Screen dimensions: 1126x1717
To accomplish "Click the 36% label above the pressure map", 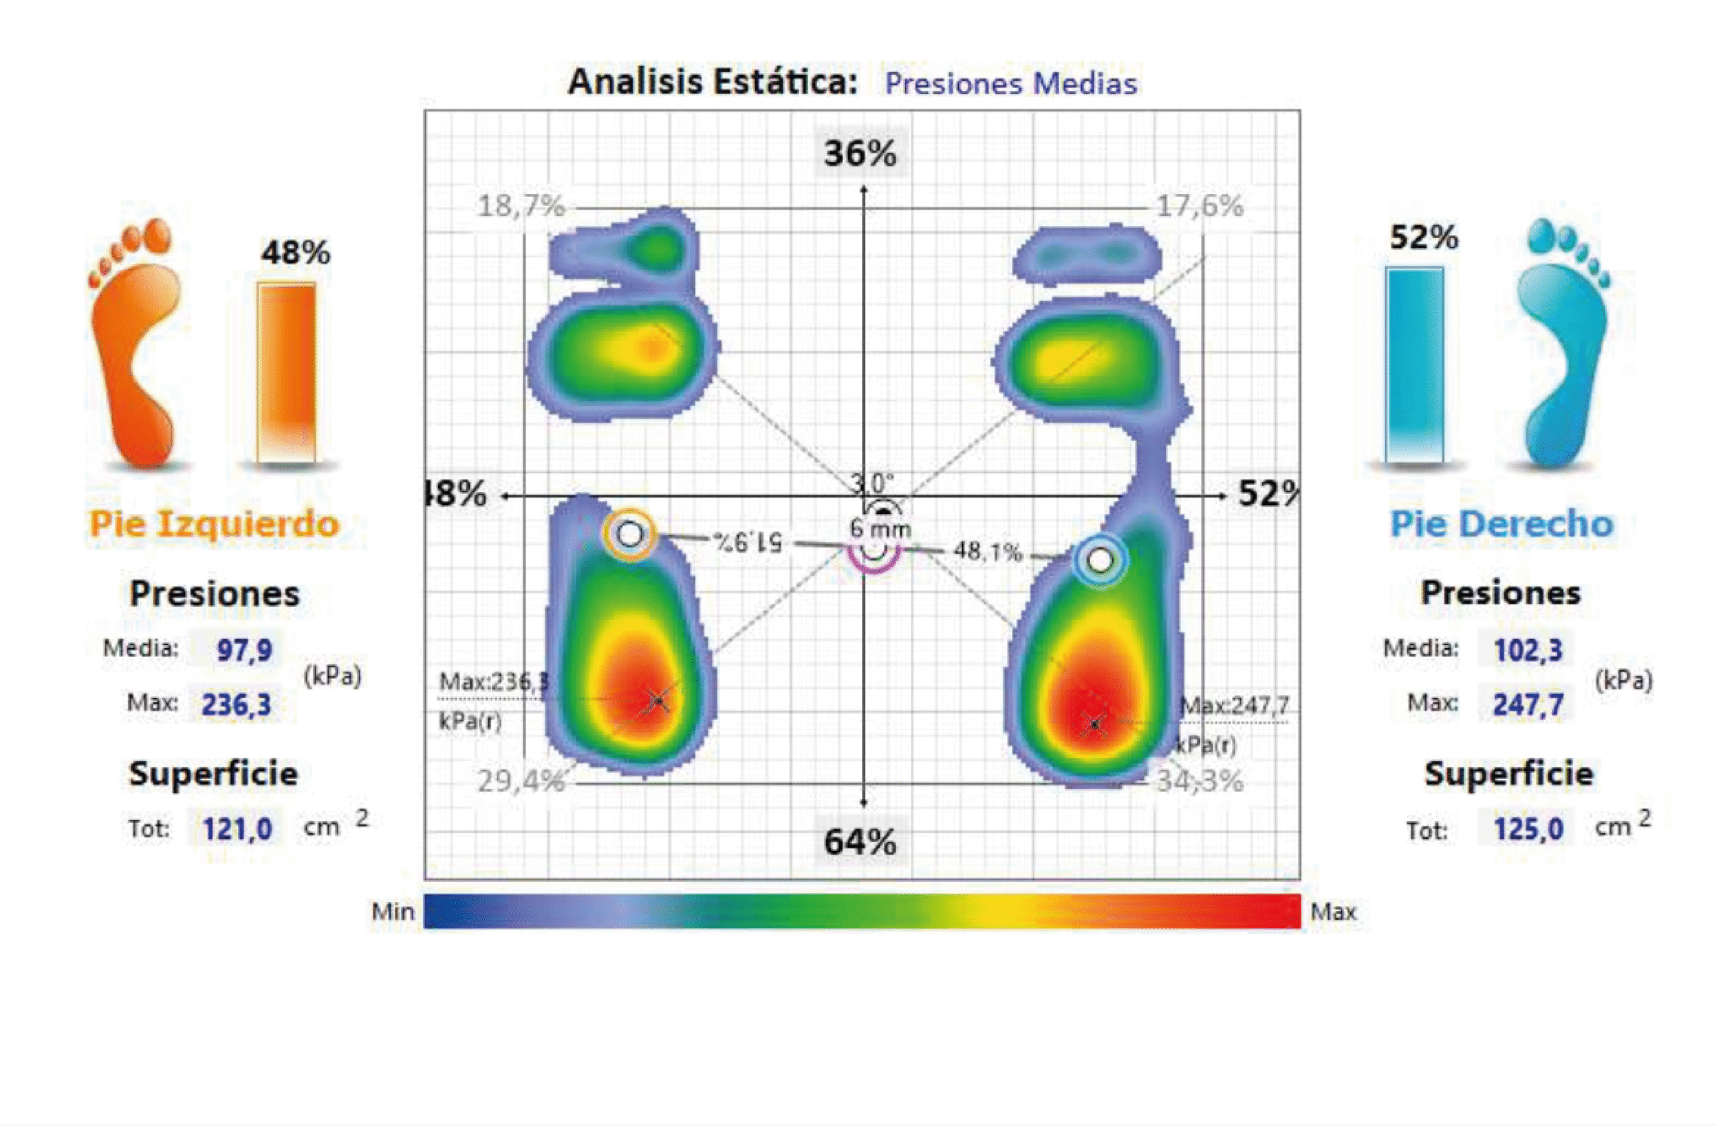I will pos(860,154).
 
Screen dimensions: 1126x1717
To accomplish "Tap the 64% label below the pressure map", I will pos(860,841).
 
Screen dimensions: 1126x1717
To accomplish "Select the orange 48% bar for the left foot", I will pos(286,372).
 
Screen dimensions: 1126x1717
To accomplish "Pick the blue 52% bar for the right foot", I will pos(1414,364).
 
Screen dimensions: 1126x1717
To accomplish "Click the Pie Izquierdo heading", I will pos(213,523).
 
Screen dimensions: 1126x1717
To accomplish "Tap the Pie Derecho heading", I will pos(1501,523).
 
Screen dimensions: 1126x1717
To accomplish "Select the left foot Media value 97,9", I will pos(244,650).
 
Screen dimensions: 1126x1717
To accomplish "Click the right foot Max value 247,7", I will pos(1527,705).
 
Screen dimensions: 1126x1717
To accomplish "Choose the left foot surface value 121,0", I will pos(237,829).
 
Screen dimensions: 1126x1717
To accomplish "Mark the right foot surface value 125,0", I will pos(1527,829).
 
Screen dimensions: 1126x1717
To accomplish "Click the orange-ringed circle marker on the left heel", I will pos(630,535).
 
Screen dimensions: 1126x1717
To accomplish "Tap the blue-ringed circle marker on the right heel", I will pos(1099,560).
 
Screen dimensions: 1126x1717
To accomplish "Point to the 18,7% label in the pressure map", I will pos(521,207).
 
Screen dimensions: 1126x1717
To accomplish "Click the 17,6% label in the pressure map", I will pos(1200,207).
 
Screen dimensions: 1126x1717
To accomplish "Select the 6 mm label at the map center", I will pos(879,528).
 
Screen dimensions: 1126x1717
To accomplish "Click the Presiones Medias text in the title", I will pos(1011,84).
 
